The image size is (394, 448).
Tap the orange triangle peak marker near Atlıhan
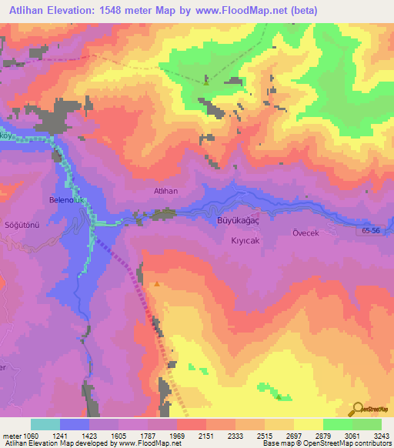click(157, 283)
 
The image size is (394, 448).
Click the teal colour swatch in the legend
click(45, 424)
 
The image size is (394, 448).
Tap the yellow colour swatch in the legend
click(308, 424)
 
